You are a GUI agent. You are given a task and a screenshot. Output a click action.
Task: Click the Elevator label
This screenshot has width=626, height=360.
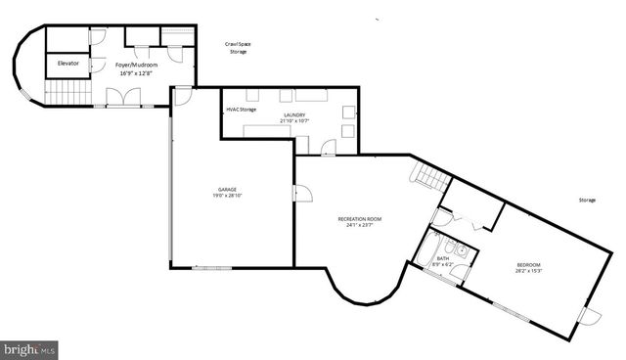tap(67, 64)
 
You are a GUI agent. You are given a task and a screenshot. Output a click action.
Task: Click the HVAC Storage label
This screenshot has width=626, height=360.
tap(242, 110)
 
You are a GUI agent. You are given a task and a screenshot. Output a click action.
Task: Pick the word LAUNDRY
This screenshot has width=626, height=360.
tap(294, 115)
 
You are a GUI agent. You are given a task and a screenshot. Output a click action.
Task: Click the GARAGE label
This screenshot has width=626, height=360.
tap(227, 190)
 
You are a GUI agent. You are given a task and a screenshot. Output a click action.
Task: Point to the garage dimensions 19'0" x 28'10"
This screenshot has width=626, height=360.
tap(227, 197)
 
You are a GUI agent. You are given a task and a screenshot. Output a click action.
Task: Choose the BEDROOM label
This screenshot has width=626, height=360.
tap(528, 265)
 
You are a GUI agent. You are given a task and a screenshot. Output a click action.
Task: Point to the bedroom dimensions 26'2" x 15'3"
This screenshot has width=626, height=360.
tap(528, 272)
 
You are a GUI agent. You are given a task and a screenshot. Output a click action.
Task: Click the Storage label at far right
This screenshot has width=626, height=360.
tap(586, 200)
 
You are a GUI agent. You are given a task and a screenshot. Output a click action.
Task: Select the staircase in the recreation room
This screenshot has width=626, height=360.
tap(430, 179)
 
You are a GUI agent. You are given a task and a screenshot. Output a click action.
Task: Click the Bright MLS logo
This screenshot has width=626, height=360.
tap(29, 348)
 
